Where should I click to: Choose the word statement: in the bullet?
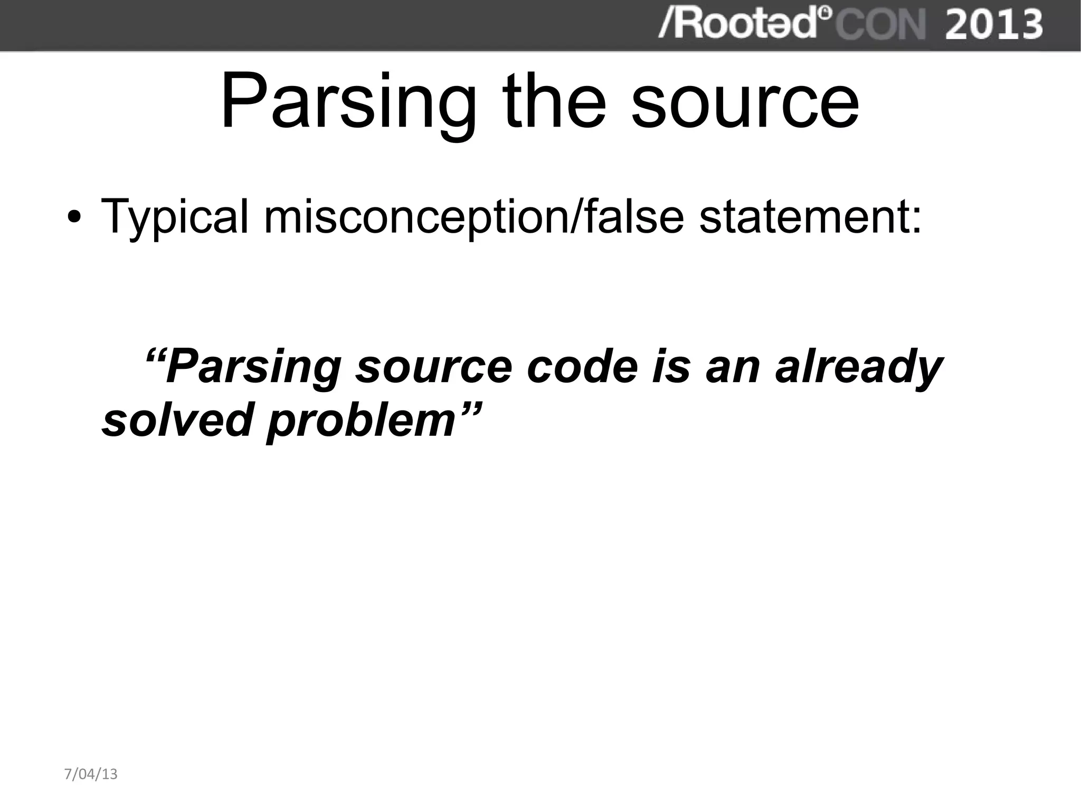click(810, 216)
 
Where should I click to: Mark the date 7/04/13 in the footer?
click(91, 774)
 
